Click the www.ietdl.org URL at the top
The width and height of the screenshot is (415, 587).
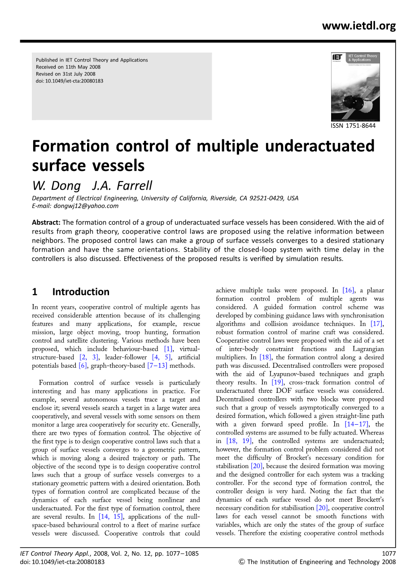(358, 26)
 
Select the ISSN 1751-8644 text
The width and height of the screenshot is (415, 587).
(353, 126)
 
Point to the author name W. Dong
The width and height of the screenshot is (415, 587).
(56, 186)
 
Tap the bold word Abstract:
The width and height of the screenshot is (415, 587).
(46, 222)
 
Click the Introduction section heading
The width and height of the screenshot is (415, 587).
(81, 292)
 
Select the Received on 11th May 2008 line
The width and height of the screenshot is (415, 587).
(68, 67)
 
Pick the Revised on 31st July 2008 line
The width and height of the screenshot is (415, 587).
(66, 74)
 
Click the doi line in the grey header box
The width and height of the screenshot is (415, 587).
(70, 81)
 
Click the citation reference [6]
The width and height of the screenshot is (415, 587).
(83, 365)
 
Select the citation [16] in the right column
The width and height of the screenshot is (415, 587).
(348, 290)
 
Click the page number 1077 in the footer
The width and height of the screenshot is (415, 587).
(389, 553)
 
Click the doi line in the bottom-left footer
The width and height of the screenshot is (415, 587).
(62, 562)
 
